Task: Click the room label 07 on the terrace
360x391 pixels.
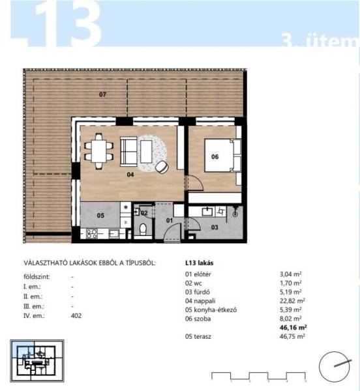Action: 102,94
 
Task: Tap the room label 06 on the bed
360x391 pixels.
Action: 215,156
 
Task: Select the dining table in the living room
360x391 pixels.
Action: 98,151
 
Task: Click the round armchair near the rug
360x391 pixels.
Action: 162,167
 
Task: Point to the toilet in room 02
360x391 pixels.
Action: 143,229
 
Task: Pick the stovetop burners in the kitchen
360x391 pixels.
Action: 91,234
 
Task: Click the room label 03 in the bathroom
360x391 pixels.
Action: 215,227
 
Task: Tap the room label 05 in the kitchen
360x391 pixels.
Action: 100,216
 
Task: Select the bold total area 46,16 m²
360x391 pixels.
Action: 293,327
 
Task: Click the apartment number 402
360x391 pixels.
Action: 76,315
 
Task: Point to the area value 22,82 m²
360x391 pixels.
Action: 292,300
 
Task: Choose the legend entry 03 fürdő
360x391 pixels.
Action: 198,292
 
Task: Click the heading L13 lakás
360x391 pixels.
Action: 199,263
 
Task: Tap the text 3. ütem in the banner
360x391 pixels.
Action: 320,40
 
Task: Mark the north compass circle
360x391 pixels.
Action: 335,367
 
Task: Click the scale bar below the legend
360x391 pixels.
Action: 258,376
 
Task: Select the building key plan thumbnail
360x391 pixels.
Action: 37,360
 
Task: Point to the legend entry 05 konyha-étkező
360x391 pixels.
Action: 211,310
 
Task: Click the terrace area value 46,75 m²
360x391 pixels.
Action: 292,336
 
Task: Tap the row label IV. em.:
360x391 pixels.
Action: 34,315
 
